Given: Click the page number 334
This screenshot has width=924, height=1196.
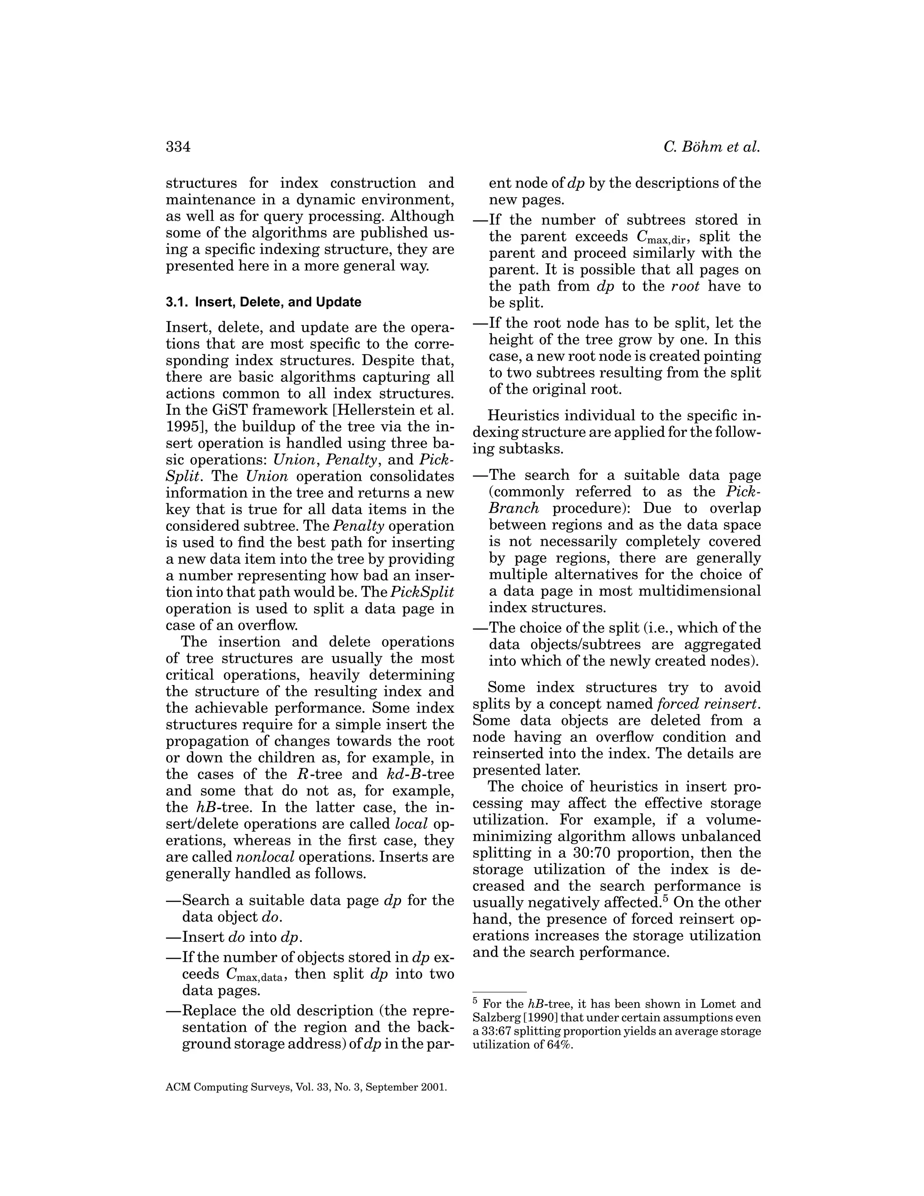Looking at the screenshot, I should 178,147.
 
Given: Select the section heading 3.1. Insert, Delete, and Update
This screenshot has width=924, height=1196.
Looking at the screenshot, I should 263,302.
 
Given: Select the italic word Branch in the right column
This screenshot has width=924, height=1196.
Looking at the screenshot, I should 513,509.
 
